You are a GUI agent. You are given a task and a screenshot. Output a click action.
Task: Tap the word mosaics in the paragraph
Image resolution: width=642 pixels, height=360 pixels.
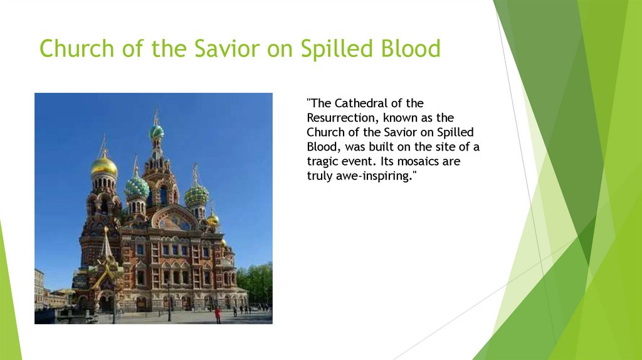(417, 161)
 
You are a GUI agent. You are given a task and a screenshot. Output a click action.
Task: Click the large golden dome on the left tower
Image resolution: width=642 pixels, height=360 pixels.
(103, 167)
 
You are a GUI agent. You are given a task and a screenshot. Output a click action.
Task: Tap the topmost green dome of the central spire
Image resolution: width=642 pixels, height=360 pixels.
(156, 132)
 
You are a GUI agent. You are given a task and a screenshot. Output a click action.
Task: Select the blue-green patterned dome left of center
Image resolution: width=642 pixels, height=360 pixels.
(137, 187)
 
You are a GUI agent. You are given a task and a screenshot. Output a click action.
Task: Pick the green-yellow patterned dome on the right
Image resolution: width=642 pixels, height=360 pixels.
(196, 196)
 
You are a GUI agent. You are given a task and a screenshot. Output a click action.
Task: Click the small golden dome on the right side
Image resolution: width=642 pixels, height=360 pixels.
(213, 219)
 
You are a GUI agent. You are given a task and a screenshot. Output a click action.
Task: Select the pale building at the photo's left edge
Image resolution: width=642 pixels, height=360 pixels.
(39, 289)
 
